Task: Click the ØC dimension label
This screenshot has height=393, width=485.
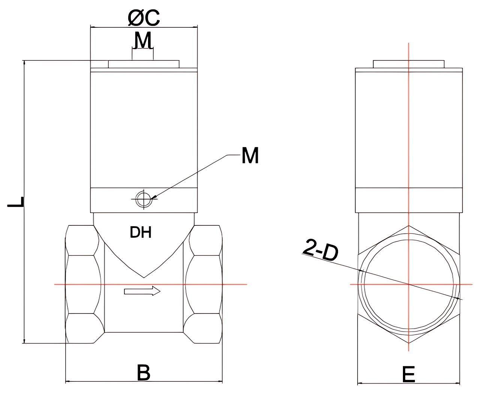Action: tap(144, 18)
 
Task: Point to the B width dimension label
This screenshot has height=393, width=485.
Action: tap(143, 372)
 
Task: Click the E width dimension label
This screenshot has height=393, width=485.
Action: tap(408, 374)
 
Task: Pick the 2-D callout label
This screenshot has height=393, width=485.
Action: tap(320, 250)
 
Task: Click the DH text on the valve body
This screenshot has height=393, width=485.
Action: tap(141, 233)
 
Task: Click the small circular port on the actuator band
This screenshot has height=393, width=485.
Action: tap(144, 199)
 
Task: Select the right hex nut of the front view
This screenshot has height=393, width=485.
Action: tap(204, 284)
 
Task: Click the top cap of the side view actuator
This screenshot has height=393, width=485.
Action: tap(409, 64)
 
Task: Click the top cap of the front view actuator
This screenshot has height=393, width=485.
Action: tap(144, 64)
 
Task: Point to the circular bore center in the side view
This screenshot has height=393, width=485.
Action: tap(409, 284)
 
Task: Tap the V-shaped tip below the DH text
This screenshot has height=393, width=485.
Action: tap(144, 277)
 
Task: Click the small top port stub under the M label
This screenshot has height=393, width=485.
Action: tap(142, 55)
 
